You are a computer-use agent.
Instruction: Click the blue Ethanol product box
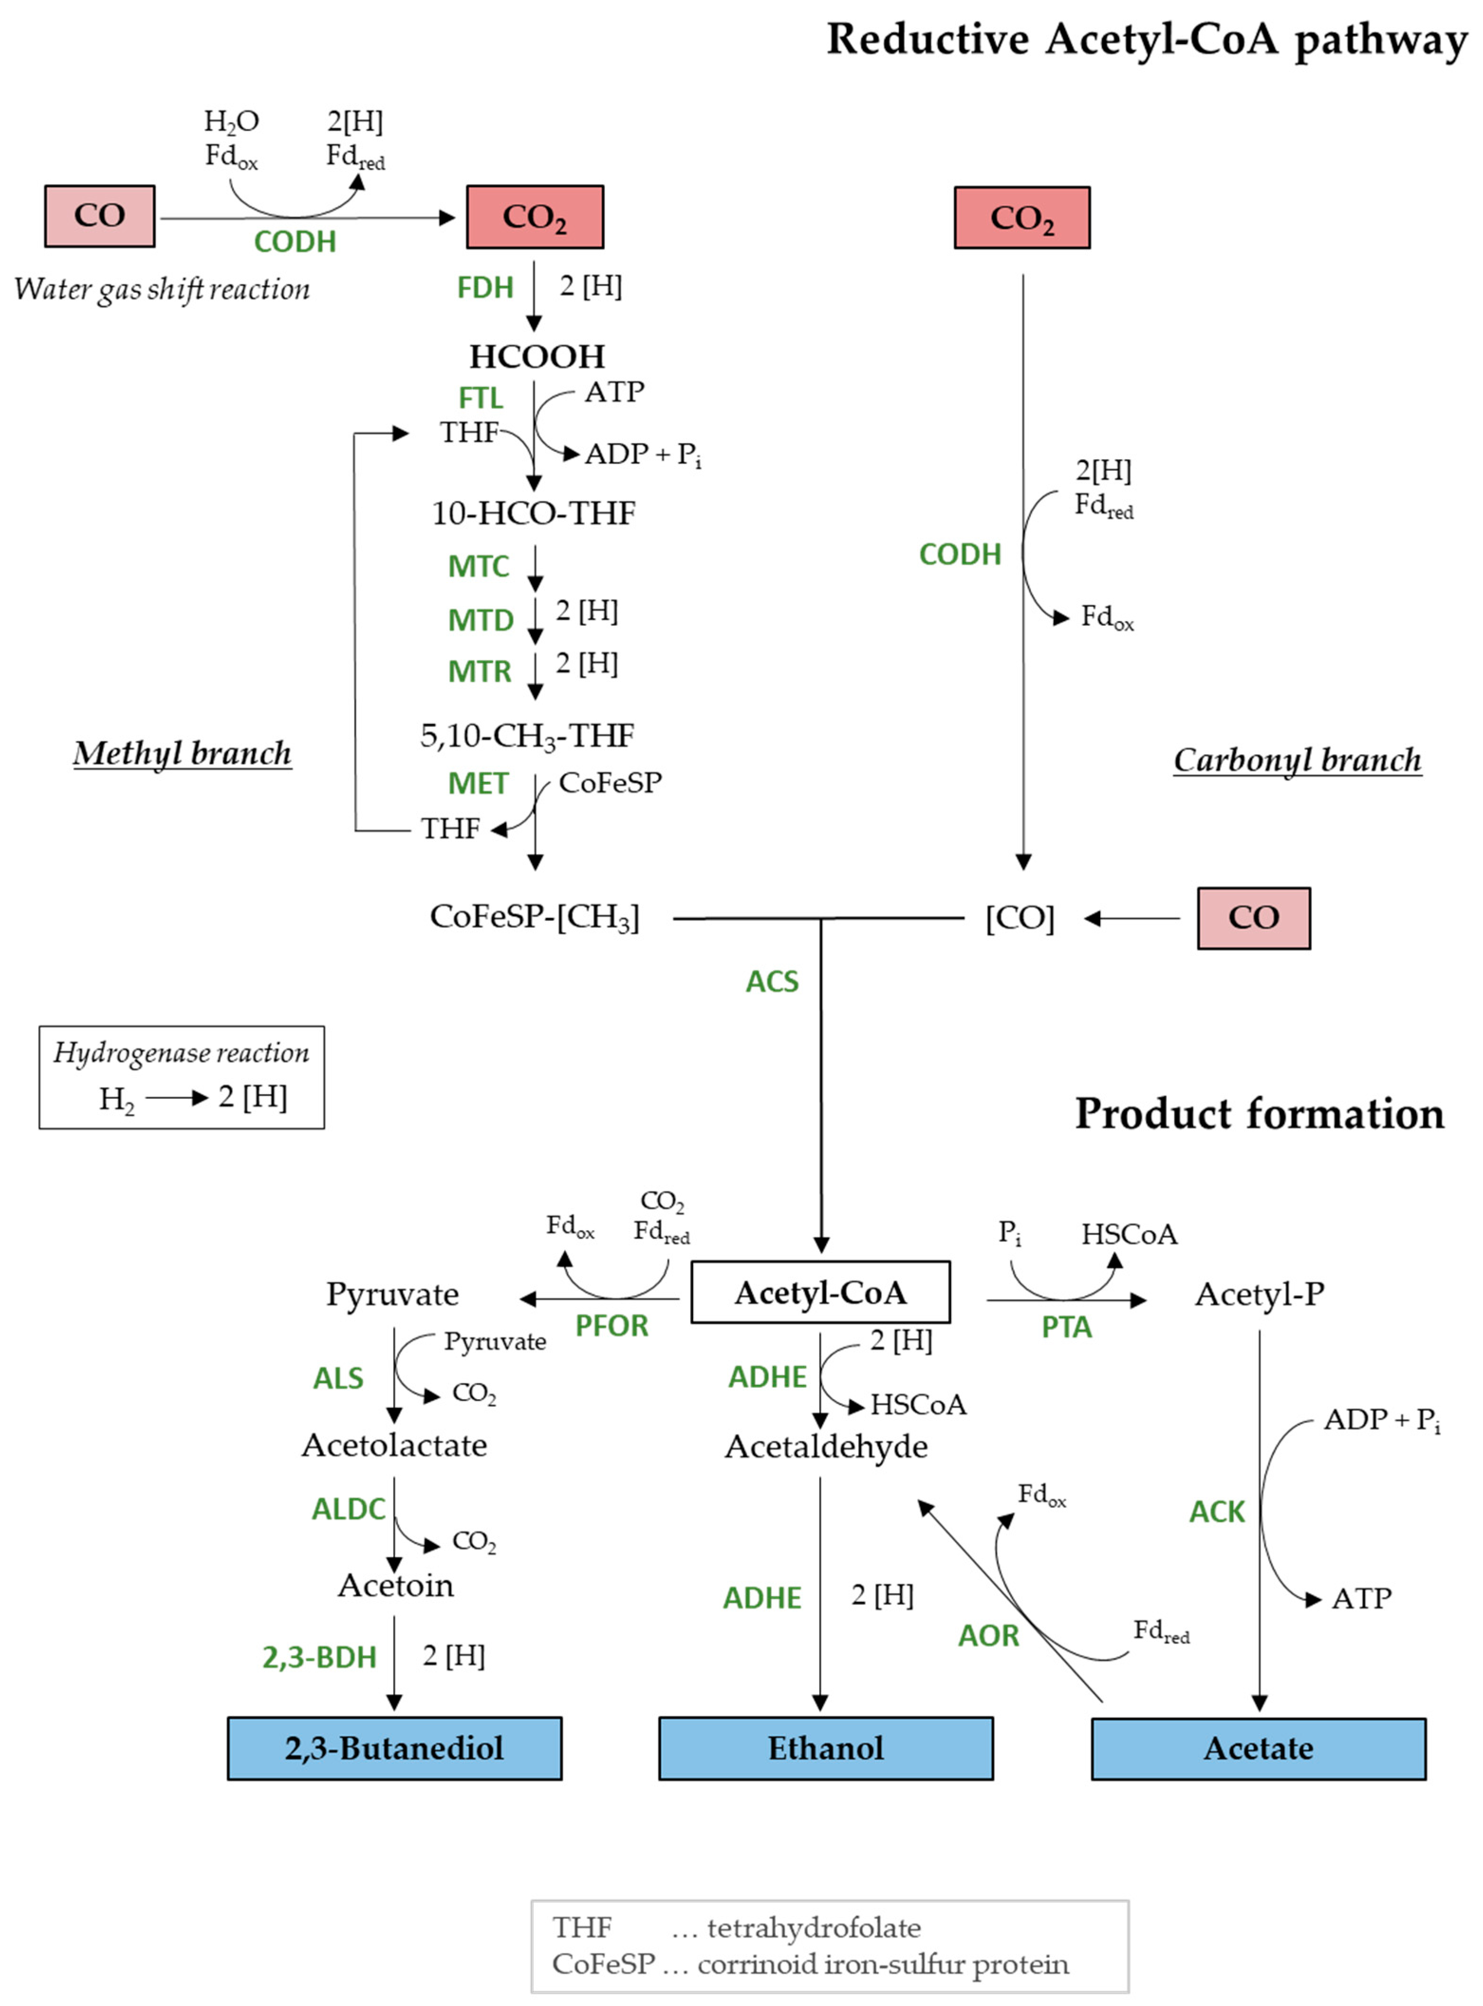click(826, 1748)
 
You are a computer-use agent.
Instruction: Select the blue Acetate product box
click(1259, 1748)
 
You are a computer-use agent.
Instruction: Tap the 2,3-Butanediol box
click(395, 1748)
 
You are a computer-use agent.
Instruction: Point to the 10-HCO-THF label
click(534, 513)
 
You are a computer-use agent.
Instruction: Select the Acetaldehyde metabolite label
click(826, 1446)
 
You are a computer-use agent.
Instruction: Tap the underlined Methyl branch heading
click(182, 754)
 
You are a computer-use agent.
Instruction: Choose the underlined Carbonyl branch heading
click(1297, 761)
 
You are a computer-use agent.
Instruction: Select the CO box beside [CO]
click(1253, 918)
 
